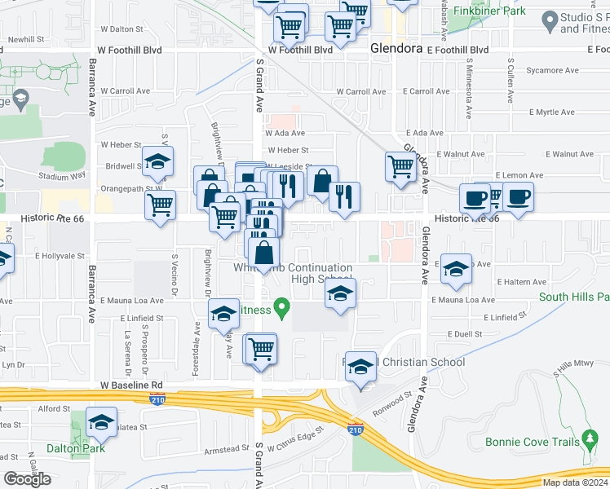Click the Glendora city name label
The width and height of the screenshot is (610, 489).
[x=396, y=49]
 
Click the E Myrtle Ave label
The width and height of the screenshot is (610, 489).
[x=551, y=112]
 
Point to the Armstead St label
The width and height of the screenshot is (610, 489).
[x=227, y=449]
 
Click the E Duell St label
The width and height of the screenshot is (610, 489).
[x=468, y=334]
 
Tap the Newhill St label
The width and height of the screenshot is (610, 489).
[x=25, y=39]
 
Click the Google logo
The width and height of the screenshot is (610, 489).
[x=27, y=479]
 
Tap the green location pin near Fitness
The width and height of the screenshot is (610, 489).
[x=282, y=309]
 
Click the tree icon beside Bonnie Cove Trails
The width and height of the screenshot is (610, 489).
[x=590, y=442]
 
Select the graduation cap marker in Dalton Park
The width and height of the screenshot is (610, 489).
[x=101, y=422]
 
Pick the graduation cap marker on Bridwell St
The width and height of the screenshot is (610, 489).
[x=157, y=161]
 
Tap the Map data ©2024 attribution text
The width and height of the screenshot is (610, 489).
[x=575, y=482]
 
